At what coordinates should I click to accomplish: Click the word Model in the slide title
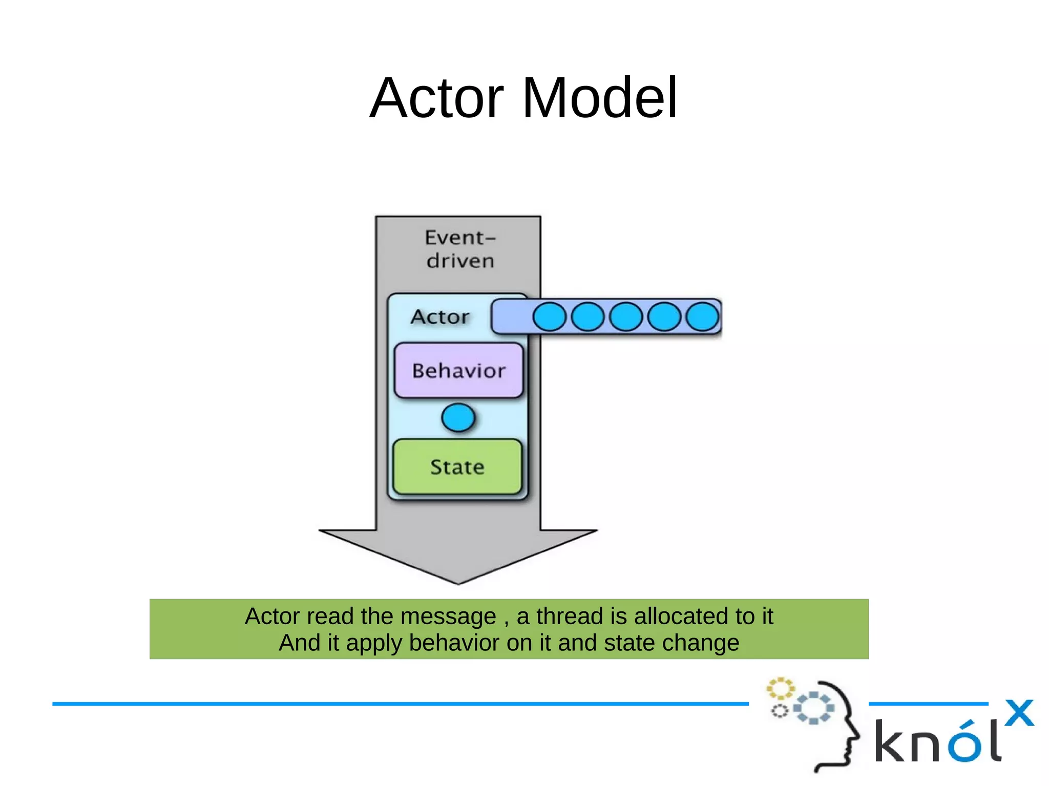pyautogui.click(x=600, y=98)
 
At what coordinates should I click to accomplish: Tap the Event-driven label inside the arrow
pyautogui.click(x=460, y=249)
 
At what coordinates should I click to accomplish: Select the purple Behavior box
pyautogui.click(x=459, y=370)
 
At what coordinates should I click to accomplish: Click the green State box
pyautogui.click(x=457, y=466)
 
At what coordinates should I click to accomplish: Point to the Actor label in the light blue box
pyautogui.click(x=440, y=317)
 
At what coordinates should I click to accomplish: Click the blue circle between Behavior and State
pyautogui.click(x=458, y=418)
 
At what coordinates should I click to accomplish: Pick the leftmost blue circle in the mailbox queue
pyautogui.click(x=549, y=316)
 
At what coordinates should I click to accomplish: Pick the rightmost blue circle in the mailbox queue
pyautogui.click(x=702, y=316)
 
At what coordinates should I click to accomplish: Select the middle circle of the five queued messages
pyautogui.click(x=626, y=316)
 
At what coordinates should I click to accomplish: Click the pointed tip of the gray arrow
pyautogui.click(x=458, y=582)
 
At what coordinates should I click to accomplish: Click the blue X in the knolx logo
pyautogui.click(x=1019, y=713)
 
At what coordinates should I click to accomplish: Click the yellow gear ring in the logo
pyautogui.click(x=780, y=689)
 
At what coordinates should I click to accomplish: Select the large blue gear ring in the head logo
pyautogui.click(x=813, y=708)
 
